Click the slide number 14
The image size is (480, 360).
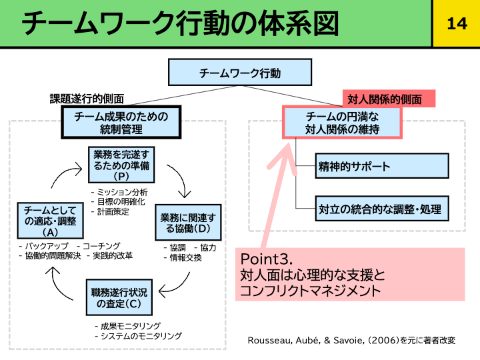point(456,24)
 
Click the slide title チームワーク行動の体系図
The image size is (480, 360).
point(180,24)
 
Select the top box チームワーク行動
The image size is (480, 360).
point(240,73)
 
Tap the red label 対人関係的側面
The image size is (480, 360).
point(385,99)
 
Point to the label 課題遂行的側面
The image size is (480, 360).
point(87,99)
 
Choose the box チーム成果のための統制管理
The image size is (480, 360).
point(121,122)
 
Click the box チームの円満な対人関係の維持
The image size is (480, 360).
point(343,122)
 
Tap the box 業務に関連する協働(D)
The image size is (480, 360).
point(188,223)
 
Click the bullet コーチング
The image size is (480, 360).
point(101,246)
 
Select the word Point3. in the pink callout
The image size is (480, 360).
point(267,259)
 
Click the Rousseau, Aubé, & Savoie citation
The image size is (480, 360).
point(351,340)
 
